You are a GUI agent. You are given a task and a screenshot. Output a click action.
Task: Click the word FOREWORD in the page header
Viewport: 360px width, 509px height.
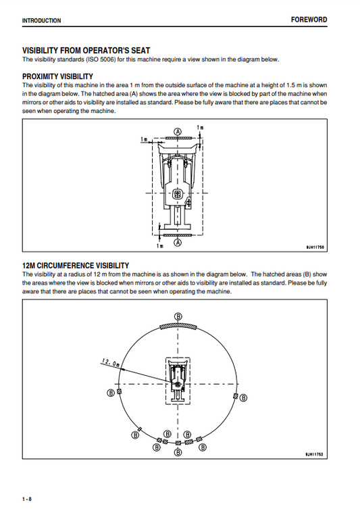click(x=309, y=20)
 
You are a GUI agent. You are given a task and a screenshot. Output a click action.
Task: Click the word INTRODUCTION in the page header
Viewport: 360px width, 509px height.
click(x=41, y=20)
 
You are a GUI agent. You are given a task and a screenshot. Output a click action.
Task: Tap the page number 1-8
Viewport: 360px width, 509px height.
click(x=27, y=499)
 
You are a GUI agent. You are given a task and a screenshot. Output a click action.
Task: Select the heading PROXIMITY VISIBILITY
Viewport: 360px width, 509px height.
click(x=57, y=76)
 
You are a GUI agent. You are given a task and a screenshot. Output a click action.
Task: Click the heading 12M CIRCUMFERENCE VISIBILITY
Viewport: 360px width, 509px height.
click(x=76, y=266)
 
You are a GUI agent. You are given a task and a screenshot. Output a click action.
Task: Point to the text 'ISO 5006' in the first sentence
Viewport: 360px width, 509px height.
click(x=104, y=59)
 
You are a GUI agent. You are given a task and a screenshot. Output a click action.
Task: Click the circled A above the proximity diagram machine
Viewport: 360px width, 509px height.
click(x=178, y=131)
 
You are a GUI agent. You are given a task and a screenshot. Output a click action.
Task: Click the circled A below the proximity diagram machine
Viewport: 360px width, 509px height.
click(x=178, y=242)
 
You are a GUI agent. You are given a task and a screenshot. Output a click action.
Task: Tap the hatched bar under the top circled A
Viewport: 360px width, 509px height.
click(x=178, y=138)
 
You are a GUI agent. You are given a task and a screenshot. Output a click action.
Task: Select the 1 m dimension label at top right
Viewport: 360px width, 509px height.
click(x=201, y=128)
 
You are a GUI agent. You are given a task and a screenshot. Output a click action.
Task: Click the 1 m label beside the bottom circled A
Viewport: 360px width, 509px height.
click(x=160, y=246)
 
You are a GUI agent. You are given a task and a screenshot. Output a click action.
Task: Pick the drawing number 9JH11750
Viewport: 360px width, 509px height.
click(x=315, y=247)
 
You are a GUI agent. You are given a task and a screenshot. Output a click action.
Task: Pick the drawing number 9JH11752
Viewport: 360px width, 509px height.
click(x=314, y=454)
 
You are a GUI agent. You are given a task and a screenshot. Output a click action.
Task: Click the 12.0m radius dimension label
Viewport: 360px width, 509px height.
click(x=111, y=362)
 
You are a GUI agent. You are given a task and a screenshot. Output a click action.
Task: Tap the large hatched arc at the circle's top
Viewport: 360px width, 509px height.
click(x=178, y=326)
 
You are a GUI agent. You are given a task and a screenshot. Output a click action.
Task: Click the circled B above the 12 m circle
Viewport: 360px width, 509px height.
click(x=178, y=316)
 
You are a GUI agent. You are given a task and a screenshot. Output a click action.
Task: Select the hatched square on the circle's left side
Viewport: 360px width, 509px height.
click(x=119, y=391)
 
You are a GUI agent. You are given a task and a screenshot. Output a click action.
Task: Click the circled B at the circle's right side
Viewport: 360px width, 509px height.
click(x=243, y=397)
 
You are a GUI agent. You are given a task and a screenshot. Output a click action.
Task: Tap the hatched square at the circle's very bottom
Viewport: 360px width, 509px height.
click(x=178, y=443)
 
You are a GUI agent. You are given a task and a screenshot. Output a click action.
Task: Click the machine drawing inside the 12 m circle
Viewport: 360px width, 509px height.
click(x=178, y=381)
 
